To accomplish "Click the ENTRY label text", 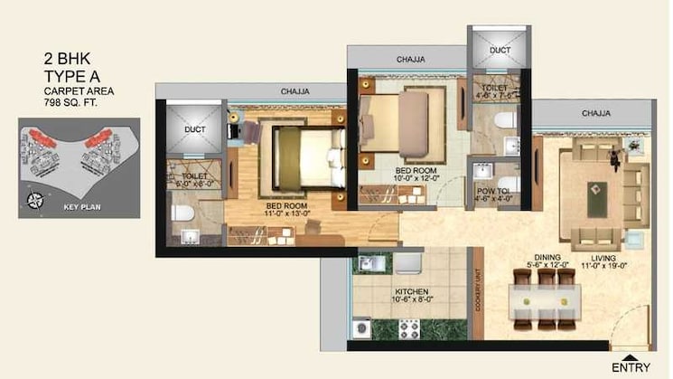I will [630, 367].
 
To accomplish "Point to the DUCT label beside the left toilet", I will [195, 130].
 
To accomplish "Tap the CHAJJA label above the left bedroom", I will [294, 91].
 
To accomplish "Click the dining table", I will [542, 301].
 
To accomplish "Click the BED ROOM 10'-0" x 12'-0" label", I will [417, 174].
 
